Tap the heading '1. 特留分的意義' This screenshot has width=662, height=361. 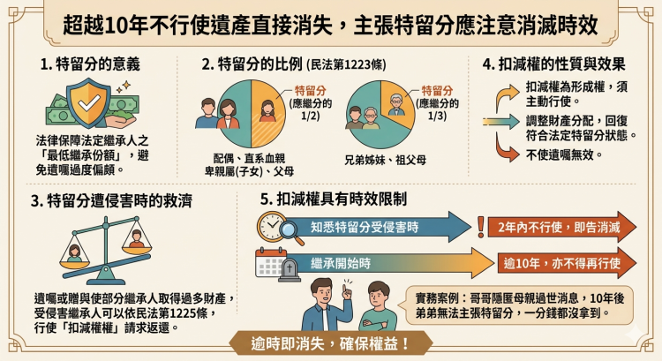pyautogui.click(x=89, y=65)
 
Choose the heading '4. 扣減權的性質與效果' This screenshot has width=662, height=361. pyautogui.click(x=554, y=65)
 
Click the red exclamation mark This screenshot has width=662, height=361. pyautogui.click(x=480, y=227)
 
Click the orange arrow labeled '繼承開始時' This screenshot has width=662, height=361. pyautogui.click(x=380, y=264)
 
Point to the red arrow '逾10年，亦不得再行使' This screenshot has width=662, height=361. pyautogui.click(x=565, y=264)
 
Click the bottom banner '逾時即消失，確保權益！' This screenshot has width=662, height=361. pyautogui.click(x=330, y=342)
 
